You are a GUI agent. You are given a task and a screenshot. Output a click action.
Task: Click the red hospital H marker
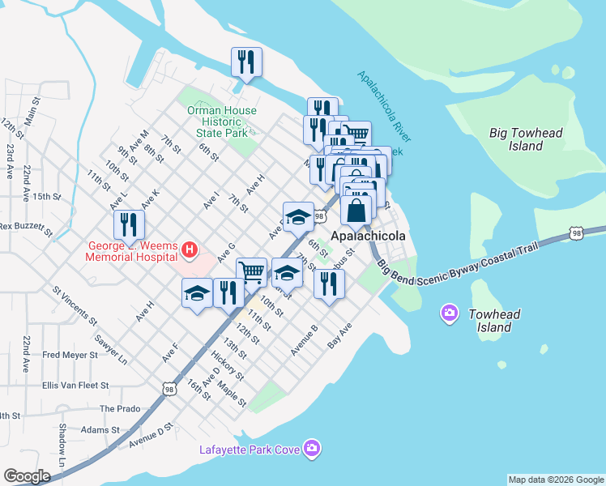coord(190,249)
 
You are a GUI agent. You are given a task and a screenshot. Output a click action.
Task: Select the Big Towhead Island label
coord(526,139)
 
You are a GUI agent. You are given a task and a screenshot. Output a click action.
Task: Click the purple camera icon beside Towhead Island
coord(449,313)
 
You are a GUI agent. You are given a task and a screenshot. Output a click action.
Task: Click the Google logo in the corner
coord(26,476)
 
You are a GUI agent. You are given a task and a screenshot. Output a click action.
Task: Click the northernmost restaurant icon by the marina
coord(245,62)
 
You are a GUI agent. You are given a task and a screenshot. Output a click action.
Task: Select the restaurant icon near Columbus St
coord(329,283)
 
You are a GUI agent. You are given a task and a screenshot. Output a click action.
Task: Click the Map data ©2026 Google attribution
coord(555,480)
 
